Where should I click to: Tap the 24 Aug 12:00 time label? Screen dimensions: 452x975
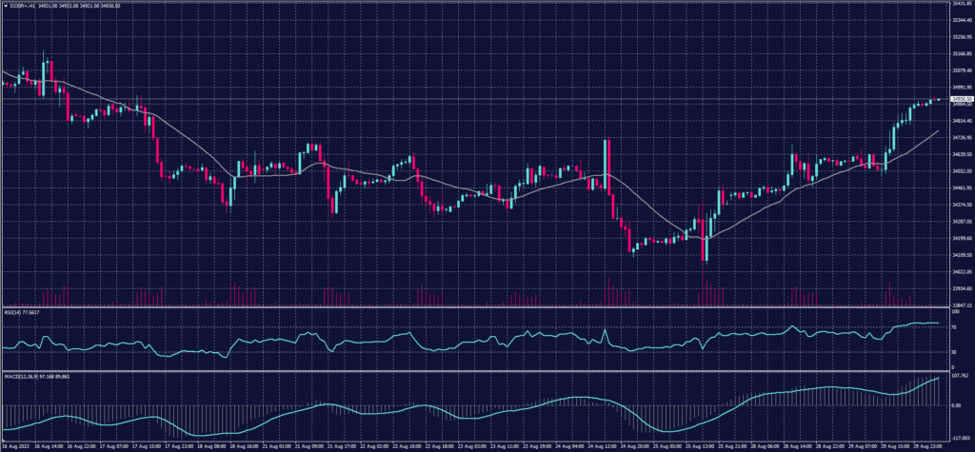coord(603,444)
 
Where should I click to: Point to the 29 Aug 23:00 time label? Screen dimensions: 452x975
coord(929,444)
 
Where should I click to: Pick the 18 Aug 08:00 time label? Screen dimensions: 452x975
coord(211,444)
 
